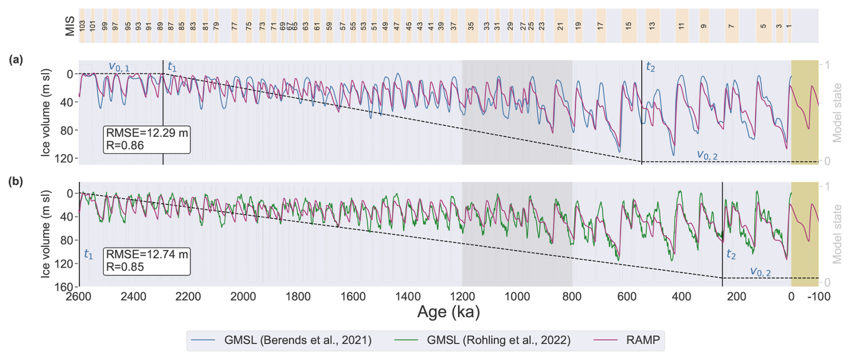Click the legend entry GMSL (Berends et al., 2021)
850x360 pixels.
tap(297, 340)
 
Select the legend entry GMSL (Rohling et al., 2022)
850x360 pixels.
tap(498, 340)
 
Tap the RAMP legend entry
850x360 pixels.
tap(643, 340)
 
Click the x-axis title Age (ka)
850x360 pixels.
tap(448, 311)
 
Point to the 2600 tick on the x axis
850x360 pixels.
tap(79, 297)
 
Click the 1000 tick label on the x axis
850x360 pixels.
tap(517, 297)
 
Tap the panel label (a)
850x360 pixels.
tap(16, 60)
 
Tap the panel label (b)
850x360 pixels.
tap(16, 182)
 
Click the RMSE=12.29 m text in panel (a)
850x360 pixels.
tap(147, 133)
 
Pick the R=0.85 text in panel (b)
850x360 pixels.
tap(125, 267)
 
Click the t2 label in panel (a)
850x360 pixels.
tap(650, 67)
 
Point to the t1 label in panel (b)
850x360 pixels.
tap(89, 254)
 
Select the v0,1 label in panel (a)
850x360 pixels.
tap(119, 67)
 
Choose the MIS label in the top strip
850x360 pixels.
tap(70, 26)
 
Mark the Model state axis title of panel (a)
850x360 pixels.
tap(837, 113)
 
